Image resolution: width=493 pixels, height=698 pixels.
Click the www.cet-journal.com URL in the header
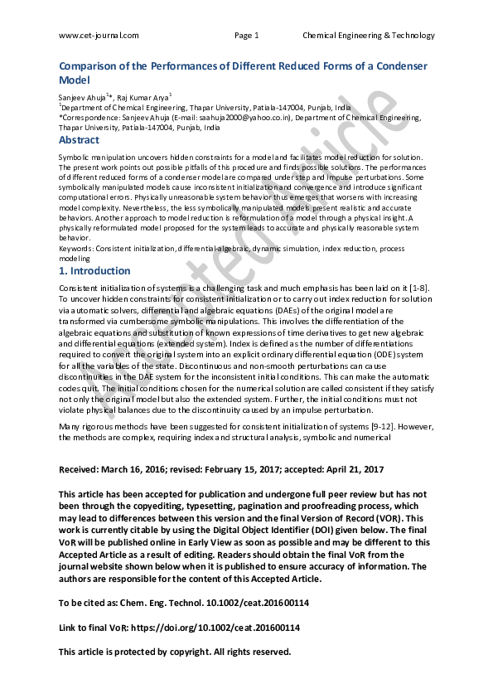[x=99, y=36]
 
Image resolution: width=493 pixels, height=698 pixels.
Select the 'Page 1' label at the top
[x=247, y=36]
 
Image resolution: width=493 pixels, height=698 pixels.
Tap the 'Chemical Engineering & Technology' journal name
[x=369, y=36]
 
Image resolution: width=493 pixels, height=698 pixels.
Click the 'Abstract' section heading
[x=79, y=140]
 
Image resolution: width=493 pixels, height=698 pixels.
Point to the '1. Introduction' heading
[x=94, y=271]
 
